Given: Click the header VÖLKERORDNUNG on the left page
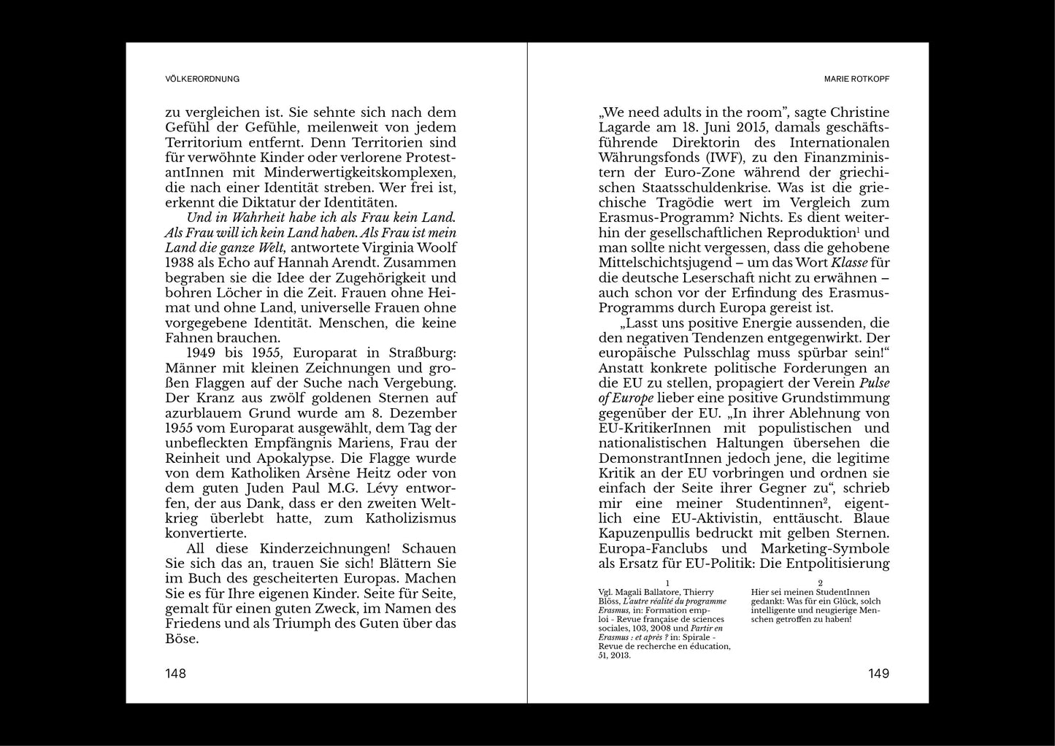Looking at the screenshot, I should [x=202, y=79].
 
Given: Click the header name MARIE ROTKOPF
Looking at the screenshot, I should [x=856, y=79].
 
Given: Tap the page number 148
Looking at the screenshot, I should [x=176, y=673].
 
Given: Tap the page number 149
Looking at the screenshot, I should [x=878, y=673].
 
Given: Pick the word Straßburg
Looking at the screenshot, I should [x=421, y=353].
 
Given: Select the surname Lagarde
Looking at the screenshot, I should [x=627, y=128].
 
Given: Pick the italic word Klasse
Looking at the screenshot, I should [x=849, y=263].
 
